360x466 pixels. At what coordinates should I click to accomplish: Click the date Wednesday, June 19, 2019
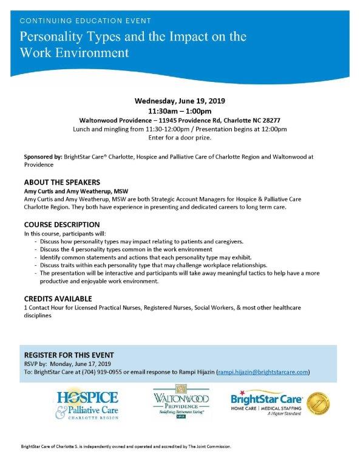point(179,101)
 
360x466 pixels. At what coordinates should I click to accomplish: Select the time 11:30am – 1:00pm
point(179,111)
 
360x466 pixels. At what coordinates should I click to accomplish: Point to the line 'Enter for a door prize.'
point(179,138)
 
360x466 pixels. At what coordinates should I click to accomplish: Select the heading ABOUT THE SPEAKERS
point(62,182)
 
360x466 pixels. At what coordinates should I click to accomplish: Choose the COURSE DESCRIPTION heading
point(62,225)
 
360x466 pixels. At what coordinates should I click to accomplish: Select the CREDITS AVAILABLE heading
point(58,299)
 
